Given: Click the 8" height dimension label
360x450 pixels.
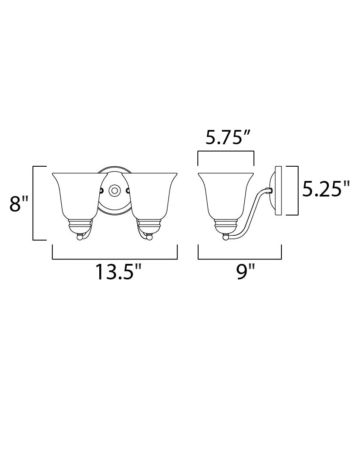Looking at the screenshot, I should pyautogui.click(x=19, y=204).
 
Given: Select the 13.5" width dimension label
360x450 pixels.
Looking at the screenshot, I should pyautogui.click(x=118, y=272).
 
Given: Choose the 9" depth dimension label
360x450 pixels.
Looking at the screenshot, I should pyautogui.click(x=246, y=272).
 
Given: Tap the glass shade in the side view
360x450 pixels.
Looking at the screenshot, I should pyautogui.click(x=225, y=194).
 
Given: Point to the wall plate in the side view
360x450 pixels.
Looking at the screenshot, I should pyautogui.click(x=278, y=190).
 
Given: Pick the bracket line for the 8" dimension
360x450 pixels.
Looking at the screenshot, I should pyautogui.click(x=34, y=203).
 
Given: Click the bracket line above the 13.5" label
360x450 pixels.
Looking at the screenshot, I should pyautogui.click(x=114, y=259).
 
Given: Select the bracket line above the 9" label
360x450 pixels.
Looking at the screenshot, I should pyautogui.click(x=240, y=259).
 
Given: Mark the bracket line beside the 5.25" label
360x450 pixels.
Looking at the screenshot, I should pyautogui.click(x=298, y=190).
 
